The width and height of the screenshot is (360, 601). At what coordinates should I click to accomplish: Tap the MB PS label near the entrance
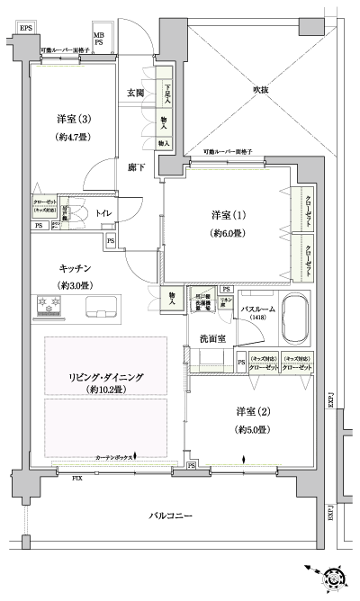point(100,39)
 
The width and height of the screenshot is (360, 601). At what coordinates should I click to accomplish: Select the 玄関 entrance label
point(136,93)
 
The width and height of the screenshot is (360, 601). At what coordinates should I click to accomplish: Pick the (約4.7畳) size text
point(73,139)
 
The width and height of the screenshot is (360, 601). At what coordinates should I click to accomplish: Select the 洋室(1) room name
point(228,215)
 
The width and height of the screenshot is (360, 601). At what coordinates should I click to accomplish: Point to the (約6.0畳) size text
point(228,233)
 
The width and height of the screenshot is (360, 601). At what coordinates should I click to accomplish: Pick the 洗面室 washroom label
point(212,338)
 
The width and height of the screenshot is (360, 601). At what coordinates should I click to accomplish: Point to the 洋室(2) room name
point(253,411)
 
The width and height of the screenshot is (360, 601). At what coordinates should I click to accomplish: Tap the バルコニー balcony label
point(171,515)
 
